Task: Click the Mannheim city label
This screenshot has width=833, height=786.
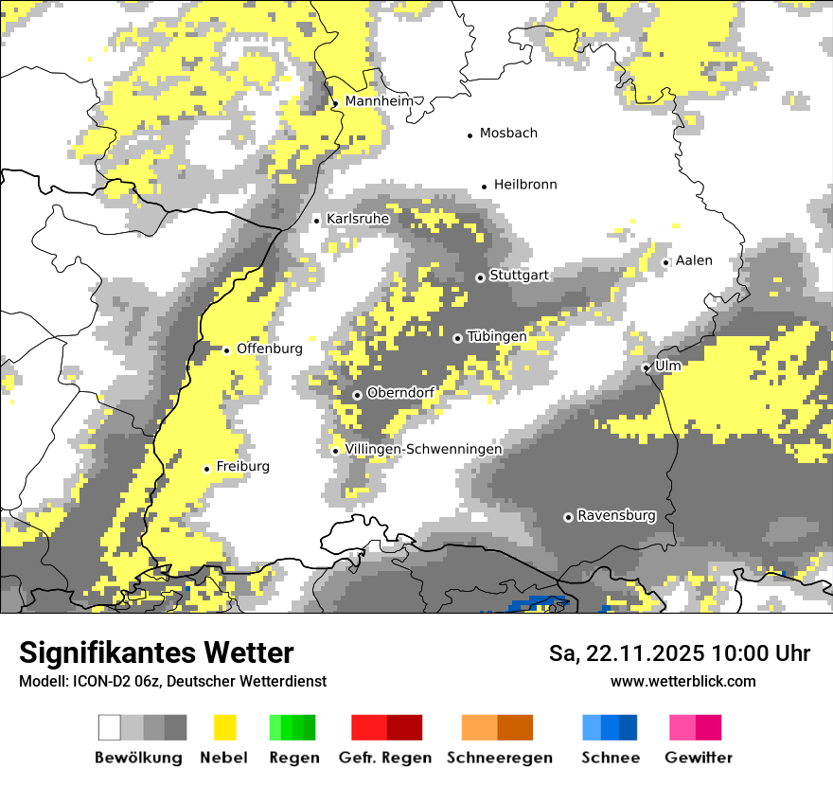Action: pyautogui.click(x=381, y=101)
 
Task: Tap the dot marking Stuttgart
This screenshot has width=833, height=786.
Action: pyautogui.click(x=480, y=277)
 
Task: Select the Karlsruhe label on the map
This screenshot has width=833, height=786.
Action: pyautogui.click(x=358, y=219)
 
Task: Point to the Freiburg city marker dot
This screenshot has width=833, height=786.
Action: pyautogui.click(x=206, y=469)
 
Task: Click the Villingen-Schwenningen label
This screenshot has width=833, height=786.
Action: pyautogui.click(x=423, y=449)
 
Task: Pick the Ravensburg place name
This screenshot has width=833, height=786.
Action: pyautogui.click(x=616, y=515)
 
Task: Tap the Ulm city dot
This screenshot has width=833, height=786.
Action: pyautogui.click(x=646, y=367)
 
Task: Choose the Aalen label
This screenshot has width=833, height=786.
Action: pyautogui.click(x=694, y=260)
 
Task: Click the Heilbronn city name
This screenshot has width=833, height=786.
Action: pyautogui.click(x=525, y=185)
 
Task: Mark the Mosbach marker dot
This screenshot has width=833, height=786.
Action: pyautogui.click(x=470, y=135)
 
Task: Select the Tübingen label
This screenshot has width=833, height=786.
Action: pyautogui.click(x=497, y=336)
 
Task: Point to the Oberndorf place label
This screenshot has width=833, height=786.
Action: pyautogui.click(x=401, y=392)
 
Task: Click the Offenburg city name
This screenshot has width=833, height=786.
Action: pyautogui.click(x=270, y=348)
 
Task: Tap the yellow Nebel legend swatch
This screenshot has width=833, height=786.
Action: pyautogui.click(x=225, y=727)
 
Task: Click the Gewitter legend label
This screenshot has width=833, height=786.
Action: pyautogui.click(x=699, y=758)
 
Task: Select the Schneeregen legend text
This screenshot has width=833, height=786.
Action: pyautogui.click(x=500, y=758)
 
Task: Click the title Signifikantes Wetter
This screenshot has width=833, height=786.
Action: pyautogui.click(x=156, y=652)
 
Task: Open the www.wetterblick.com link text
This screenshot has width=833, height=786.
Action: pyautogui.click(x=683, y=681)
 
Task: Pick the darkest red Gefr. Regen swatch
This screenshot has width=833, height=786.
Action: pyautogui.click(x=404, y=727)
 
